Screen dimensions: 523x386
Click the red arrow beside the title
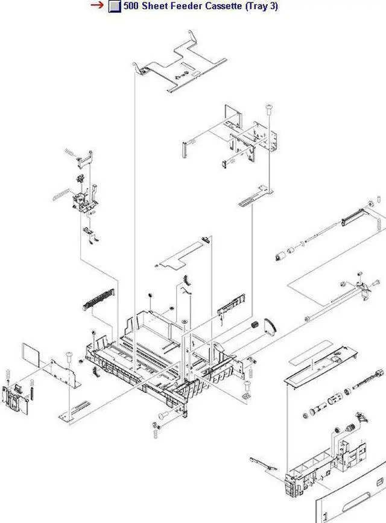[97, 6]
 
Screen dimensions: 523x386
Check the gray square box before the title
[114, 7]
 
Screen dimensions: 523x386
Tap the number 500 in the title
[131, 7]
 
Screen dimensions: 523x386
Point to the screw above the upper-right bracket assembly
[267, 110]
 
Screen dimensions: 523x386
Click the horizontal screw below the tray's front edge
[164, 415]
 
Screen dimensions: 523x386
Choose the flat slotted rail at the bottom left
[76, 409]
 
